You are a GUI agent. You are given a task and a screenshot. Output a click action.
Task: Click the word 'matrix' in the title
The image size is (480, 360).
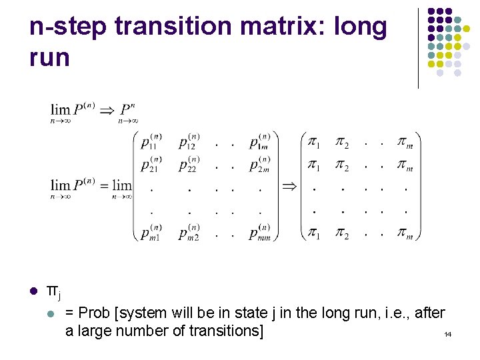click(275, 27)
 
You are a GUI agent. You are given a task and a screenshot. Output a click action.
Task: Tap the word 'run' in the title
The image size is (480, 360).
click(49, 57)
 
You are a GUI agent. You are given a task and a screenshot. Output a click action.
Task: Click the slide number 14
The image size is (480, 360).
click(447, 333)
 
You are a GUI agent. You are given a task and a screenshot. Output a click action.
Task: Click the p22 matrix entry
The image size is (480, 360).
click(189, 163)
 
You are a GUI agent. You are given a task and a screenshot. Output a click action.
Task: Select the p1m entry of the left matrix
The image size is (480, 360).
click(260, 141)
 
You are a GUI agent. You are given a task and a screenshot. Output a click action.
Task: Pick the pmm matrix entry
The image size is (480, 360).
click(261, 233)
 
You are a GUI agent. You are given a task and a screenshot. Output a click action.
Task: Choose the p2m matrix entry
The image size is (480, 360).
click(260, 163)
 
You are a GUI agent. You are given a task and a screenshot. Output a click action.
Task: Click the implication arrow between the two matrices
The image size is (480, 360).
click(289, 185)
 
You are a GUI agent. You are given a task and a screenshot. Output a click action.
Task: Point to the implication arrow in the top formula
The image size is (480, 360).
click(106, 110)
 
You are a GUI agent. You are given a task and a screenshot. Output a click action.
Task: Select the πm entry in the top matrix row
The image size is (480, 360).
click(405, 142)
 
